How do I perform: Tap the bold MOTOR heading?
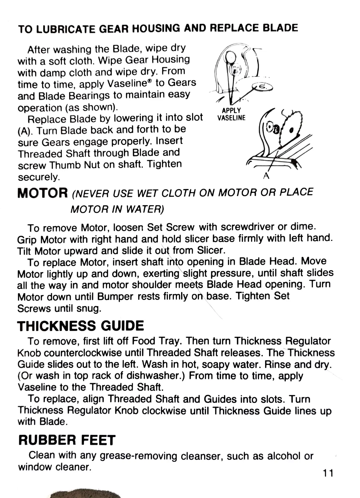[42, 193]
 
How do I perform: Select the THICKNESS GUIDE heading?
[80, 326]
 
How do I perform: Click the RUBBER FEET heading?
[67, 440]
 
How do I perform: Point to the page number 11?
[327, 473]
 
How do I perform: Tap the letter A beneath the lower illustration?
[266, 176]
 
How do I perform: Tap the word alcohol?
[284, 456]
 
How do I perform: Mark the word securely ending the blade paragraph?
[39, 177]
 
